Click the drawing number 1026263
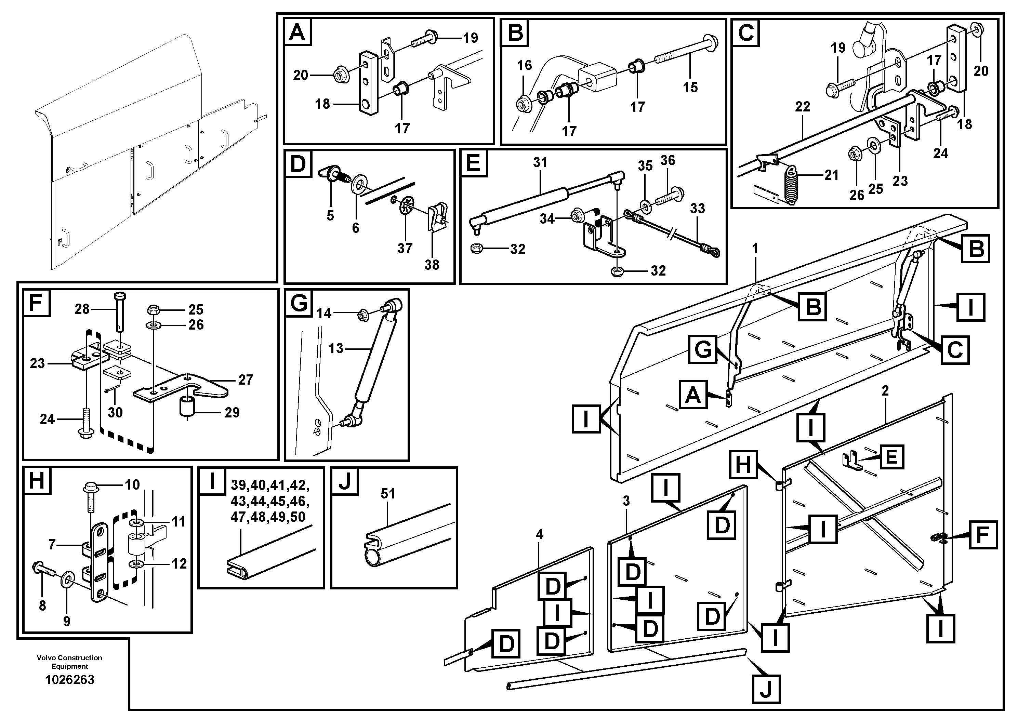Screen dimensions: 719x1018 pyautogui.click(x=70, y=680)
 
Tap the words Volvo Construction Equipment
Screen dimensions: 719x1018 pyautogui.click(x=70, y=662)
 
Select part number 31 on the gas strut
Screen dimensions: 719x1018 pyautogui.click(x=540, y=163)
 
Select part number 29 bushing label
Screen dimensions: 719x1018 pyautogui.click(x=232, y=412)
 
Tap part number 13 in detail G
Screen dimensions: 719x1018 pyautogui.click(x=336, y=348)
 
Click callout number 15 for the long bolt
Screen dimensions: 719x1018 pyautogui.click(x=690, y=87)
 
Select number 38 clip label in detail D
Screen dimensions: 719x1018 pyautogui.click(x=432, y=265)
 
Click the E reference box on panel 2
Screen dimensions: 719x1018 pyautogui.click(x=890, y=456)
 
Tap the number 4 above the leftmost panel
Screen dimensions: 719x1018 pyautogui.click(x=539, y=535)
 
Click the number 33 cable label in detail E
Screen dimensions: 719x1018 pyautogui.click(x=698, y=208)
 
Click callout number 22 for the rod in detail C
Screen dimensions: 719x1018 pyautogui.click(x=803, y=106)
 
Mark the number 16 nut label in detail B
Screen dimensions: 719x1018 pyautogui.click(x=524, y=65)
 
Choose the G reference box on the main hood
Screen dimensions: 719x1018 pyautogui.click(x=703, y=350)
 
